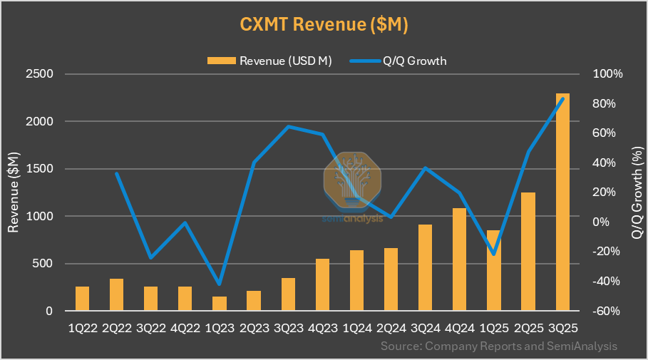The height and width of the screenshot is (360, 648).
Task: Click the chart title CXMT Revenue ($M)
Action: [324, 24]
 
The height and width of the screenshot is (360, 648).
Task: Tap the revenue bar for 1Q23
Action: [220, 304]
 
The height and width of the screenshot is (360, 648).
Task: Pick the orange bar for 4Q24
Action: [459, 259]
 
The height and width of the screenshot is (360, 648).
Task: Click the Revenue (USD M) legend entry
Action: [269, 61]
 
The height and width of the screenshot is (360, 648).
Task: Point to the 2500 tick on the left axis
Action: [39, 74]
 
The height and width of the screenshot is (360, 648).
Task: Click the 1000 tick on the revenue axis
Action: [39, 216]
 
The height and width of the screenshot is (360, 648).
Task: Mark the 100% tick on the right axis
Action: [607, 74]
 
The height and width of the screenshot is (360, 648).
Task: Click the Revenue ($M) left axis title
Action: [14, 192]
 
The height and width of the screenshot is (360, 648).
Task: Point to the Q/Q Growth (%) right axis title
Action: [637, 192]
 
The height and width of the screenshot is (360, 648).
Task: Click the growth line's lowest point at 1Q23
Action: [220, 284]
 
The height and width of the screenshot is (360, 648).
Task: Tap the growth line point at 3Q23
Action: [288, 127]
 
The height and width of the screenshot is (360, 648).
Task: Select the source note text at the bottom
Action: [498, 346]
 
